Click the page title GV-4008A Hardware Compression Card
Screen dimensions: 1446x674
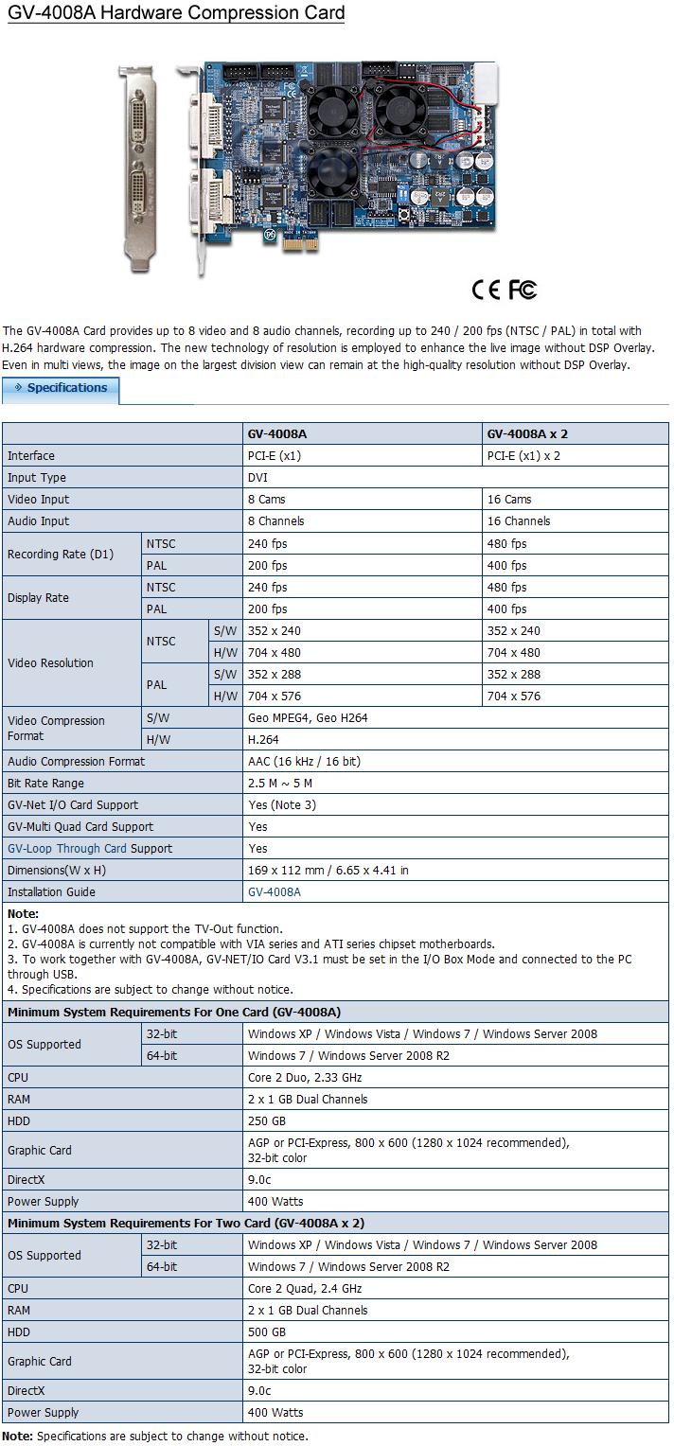[176, 13]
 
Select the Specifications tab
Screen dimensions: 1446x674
[62, 388]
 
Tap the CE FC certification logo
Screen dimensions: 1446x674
[505, 290]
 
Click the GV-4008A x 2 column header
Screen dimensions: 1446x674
[527, 434]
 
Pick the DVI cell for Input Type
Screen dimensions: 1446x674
[257, 478]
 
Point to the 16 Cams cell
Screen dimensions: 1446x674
[509, 500]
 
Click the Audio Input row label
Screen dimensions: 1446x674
[39, 521]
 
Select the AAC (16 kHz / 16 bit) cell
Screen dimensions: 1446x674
[304, 762]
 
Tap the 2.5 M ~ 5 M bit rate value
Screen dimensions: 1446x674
[280, 784]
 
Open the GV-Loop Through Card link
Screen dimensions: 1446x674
[67, 849]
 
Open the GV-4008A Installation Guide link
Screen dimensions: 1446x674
[275, 892]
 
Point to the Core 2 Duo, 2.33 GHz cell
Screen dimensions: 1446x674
[305, 1078]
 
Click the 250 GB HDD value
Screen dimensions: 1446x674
[267, 1121]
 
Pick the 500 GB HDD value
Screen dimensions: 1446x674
[267, 1332]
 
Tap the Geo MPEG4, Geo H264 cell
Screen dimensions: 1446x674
[308, 718]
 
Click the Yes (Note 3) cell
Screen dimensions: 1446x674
[282, 805]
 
